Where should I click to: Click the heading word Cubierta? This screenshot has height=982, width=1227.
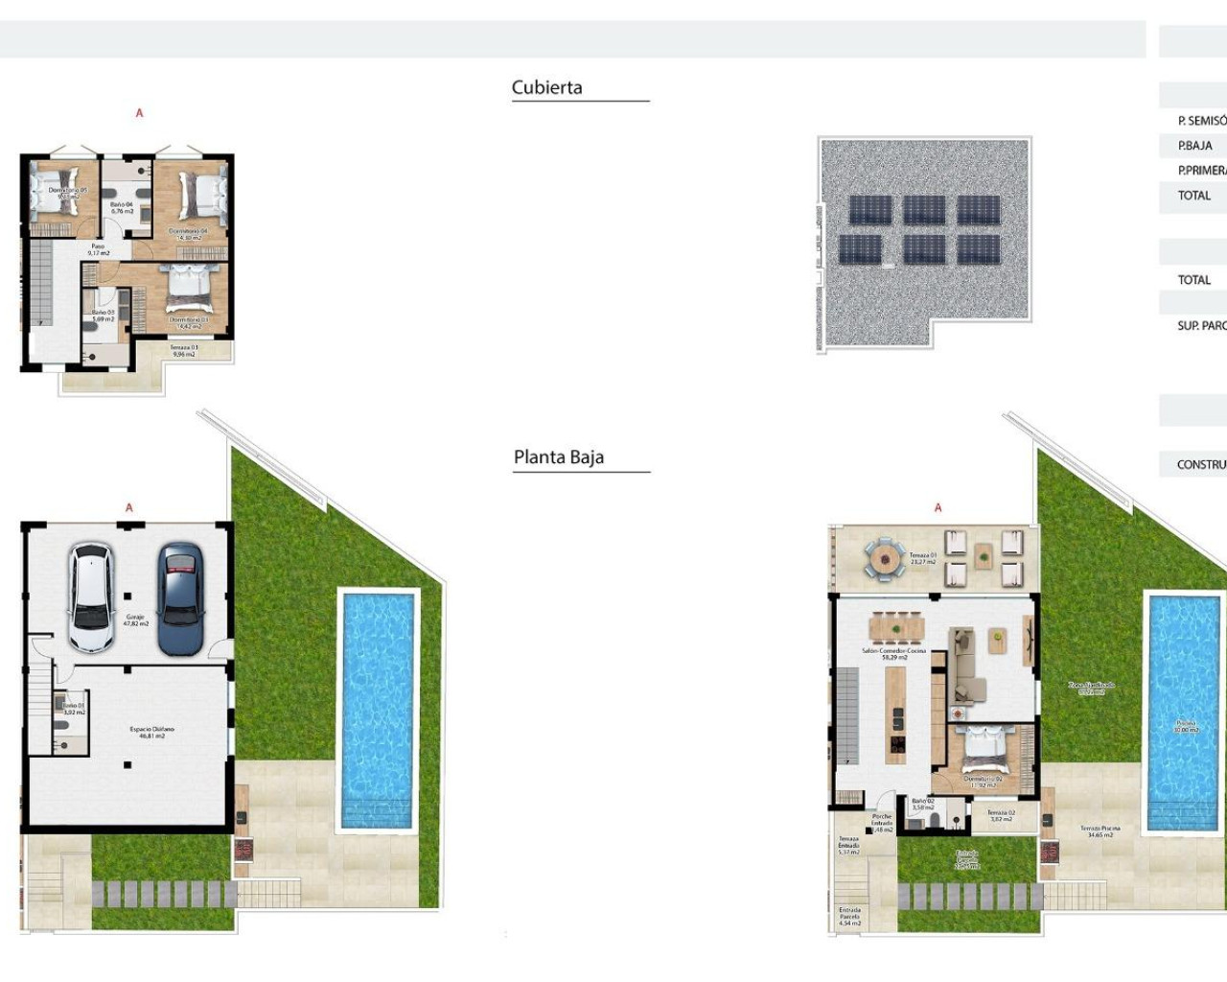point(546,87)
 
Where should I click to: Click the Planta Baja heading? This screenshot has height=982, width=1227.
point(559,457)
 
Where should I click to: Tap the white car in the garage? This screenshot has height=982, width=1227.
point(91,596)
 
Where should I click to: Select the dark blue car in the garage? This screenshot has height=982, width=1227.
point(180,598)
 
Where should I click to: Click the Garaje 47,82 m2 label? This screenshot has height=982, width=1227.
point(136,620)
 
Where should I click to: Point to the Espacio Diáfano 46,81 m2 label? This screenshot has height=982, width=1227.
point(151,733)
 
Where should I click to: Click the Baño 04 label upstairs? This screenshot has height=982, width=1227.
point(122,207)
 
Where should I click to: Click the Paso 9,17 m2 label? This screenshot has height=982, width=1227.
point(98,249)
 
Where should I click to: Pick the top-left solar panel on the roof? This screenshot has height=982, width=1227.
point(869,210)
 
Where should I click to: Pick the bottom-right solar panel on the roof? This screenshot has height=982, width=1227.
point(978,249)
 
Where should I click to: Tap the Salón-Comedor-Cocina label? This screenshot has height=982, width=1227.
point(893,654)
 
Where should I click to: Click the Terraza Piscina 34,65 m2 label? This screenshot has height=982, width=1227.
point(1100,831)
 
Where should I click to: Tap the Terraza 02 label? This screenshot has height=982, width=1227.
point(1000,815)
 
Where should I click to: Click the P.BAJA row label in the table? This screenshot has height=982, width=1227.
point(1194,146)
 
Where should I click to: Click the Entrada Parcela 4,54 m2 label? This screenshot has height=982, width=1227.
point(849,916)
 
